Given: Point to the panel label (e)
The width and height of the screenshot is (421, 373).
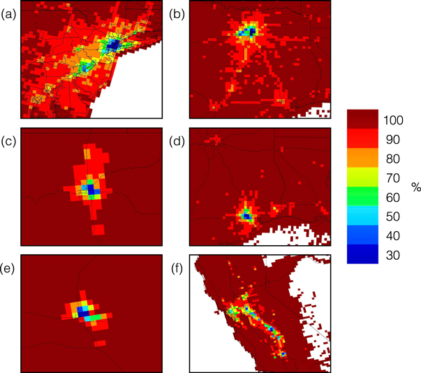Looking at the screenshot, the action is (x=9, y=265).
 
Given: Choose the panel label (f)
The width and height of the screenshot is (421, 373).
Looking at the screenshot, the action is (x=177, y=265).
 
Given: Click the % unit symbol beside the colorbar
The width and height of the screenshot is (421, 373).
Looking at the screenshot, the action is (x=413, y=187).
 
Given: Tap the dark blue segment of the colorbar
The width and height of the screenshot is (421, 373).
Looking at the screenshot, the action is (x=362, y=254).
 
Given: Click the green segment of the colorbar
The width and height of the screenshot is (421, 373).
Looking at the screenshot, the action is (x=362, y=196).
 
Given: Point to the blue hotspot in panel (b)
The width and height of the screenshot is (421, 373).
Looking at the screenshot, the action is (x=248, y=31).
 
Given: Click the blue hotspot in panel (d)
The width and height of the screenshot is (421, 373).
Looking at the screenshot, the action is (x=246, y=216).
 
